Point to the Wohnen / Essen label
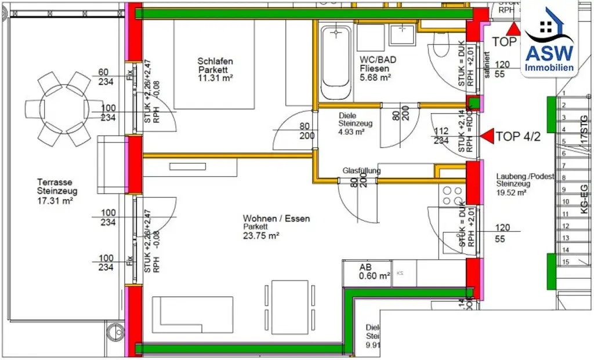[276, 219]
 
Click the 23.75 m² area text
[262, 235]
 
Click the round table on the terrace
[58, 108]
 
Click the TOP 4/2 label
[518, 137]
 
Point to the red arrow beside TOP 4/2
[486, 136]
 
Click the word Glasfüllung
[361, 170]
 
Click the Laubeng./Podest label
[526, 176]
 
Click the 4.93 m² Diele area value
[352, 132]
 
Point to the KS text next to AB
[399, 272]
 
